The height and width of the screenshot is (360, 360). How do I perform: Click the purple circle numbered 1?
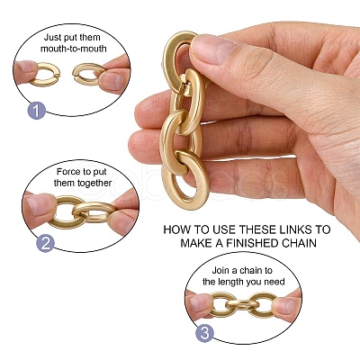point(37,111)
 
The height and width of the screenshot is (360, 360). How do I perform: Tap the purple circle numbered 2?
point(45,243)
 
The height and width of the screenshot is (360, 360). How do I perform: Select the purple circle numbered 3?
point(205,333)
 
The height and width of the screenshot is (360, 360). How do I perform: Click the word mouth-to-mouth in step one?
point(74,49)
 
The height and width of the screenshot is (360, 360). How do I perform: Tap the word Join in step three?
point(220,270)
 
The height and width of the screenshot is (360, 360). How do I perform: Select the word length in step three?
point(233,282)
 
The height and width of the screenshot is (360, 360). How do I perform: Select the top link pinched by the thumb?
point(169,60)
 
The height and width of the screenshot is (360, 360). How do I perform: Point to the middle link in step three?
point(242,305)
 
